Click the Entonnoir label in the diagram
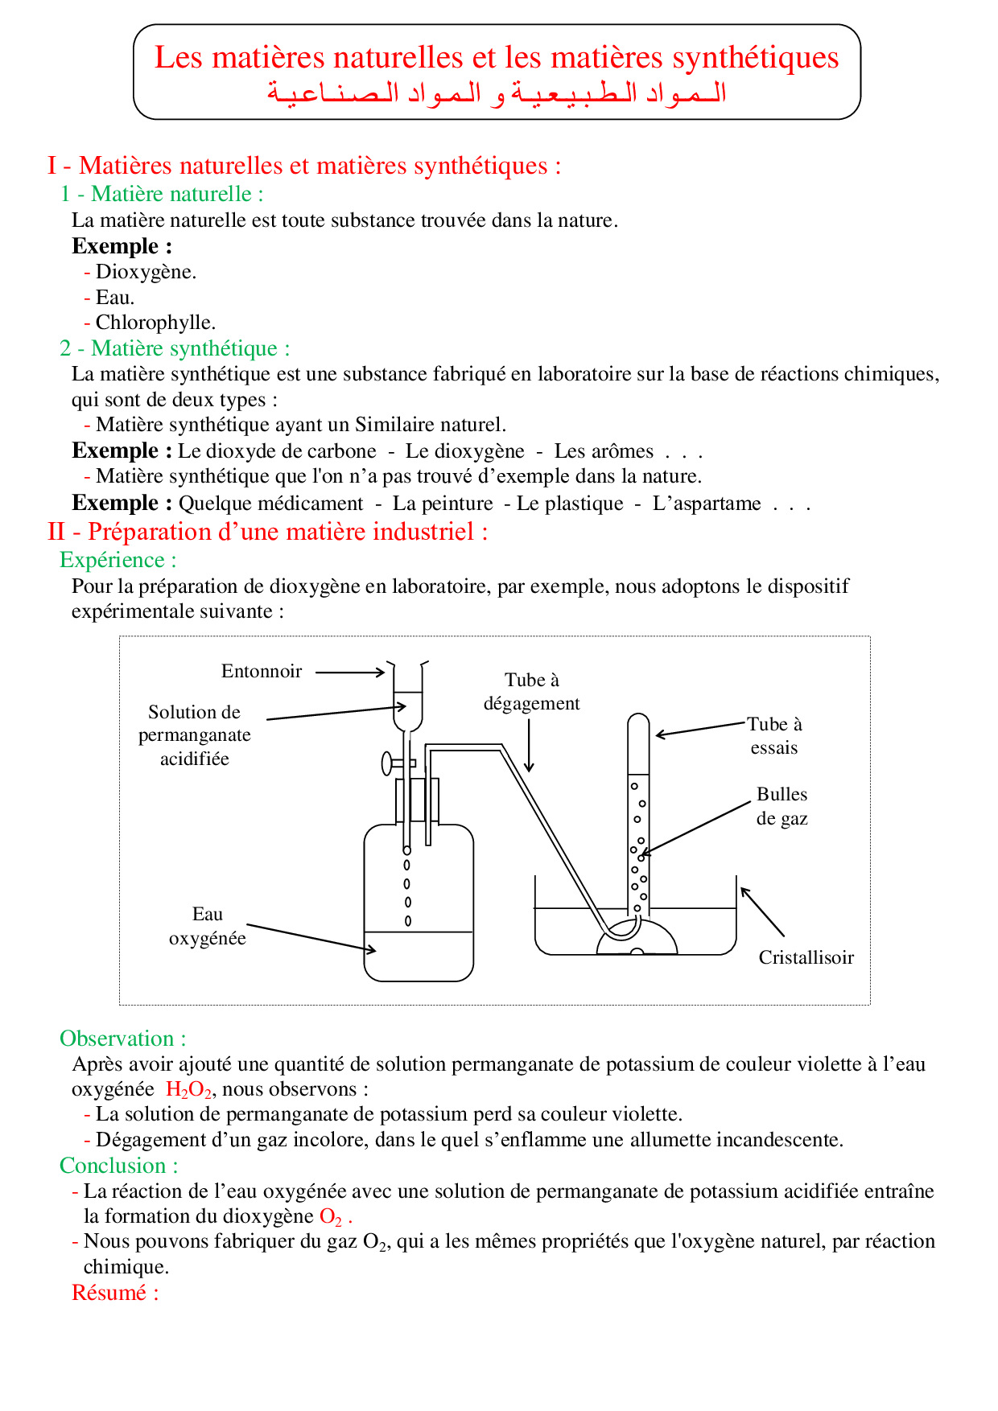(262, 672)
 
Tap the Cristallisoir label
(806, 957)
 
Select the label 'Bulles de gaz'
(781, 806)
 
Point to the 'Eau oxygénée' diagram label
(207, 926)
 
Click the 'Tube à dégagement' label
(531, 692)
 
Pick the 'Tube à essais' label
(774, 735)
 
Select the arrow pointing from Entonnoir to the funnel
(350, 672)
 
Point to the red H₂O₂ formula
(188, 1090)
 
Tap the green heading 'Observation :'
(122, 1039)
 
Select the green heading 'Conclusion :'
(118, 1166)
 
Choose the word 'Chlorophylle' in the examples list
(155, 323)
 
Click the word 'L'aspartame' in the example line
(707, 504)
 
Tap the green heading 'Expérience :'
(118, 560)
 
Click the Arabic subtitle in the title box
(497, 93)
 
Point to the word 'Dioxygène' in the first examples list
(145, 272)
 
